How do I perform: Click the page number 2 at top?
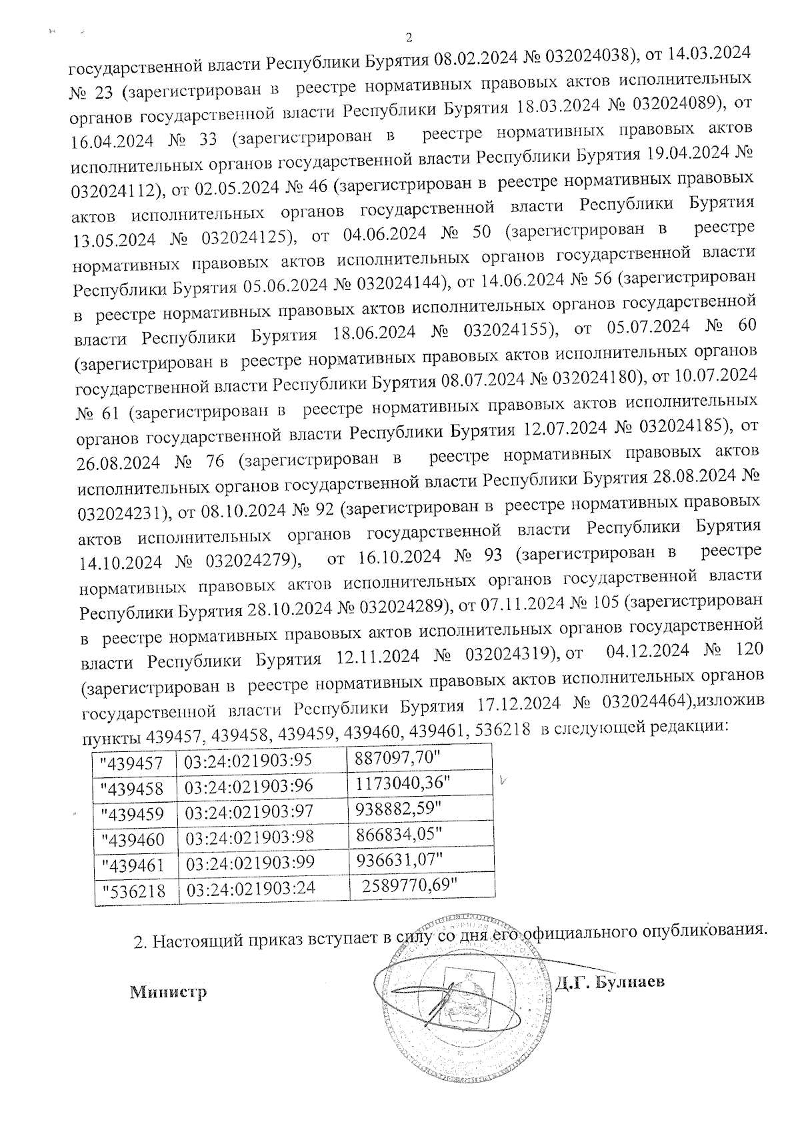(409, 37)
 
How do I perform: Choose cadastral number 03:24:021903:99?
(250, 862)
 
